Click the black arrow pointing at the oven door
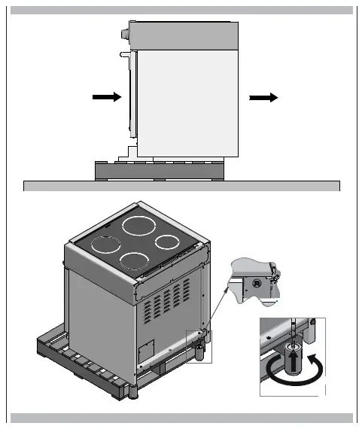click(x=106, y=97)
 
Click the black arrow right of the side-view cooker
click(x=264, y=97)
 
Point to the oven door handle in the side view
click(x=126, y=54)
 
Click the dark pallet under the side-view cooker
click(x=159, y=169)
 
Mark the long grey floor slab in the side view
click(x=181, y=186)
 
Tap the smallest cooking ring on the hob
click(x=168, y=243)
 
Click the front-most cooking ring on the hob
click(x=134, y=261)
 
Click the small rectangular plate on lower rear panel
click(x=146, y=348)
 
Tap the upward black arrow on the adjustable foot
click(x=291, y=365)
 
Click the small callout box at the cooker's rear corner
click(x=199, y=345)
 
